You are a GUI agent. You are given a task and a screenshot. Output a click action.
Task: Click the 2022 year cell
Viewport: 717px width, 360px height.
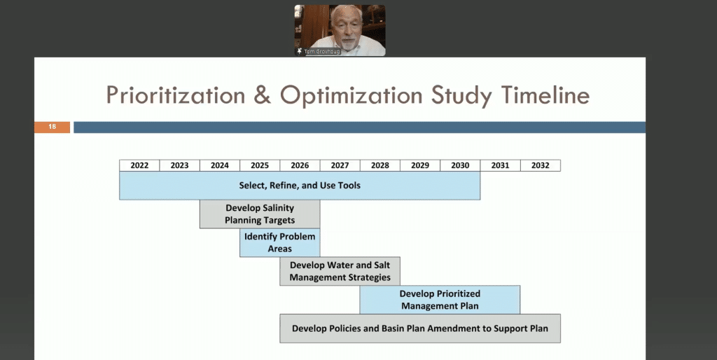pyautogui.click(x=139, y=165)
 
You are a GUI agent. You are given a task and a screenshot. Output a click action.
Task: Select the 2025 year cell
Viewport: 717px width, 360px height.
pyautogui.click(x=260, y=165)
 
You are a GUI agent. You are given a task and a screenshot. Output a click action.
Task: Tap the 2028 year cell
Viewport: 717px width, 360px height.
pyautogui.click(x=380, y=165)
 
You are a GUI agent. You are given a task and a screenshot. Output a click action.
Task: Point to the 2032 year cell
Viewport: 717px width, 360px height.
pyautogui.click(x=541, y=165)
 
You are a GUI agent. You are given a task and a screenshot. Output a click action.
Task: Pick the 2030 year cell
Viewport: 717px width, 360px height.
pyautogui.click(x=460, y=165)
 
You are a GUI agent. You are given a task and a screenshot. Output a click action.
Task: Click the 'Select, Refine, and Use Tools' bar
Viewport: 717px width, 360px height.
pyautogui.click(x=300, y=186)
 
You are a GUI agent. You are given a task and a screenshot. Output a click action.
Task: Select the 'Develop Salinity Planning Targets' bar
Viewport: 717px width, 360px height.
pyautogui.click(x=260, y=214)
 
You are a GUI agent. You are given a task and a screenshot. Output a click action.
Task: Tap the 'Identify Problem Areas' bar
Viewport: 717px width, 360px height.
pyautogui.click(x=280, y=242)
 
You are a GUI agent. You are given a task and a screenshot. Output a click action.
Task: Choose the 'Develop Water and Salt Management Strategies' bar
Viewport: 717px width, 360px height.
pyautogui.click(x=340, y=271)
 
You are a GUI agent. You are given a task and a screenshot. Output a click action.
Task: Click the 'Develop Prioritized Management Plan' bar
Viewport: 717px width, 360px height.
pyautogui.click(x=440, y=300)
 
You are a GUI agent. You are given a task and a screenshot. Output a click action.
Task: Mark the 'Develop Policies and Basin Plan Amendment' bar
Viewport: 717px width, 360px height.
pyautogui.click(x=420, y=328)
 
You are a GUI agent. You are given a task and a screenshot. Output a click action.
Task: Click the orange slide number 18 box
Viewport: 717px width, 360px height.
pyautogui.click(x=52, y=127)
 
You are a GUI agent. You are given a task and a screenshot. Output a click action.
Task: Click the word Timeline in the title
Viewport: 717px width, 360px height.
pyautogui.click(x=545, y=96)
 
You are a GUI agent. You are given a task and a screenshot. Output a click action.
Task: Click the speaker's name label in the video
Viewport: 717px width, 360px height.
pyautogui.click(x=322, y=52)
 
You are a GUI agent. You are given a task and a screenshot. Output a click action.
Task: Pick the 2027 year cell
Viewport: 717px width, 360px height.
pyautogui.click(x=340, y=165)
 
